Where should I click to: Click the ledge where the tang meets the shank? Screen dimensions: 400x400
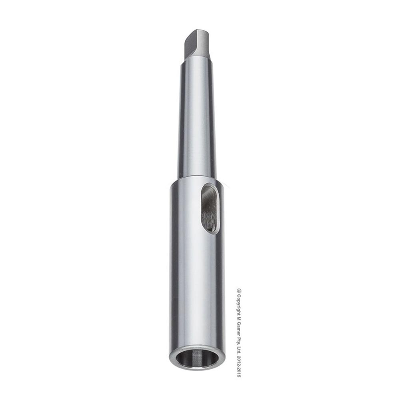coord(196,59)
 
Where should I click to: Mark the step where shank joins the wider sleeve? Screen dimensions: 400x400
coord(196,179)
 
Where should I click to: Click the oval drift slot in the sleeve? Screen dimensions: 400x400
coord(210,208)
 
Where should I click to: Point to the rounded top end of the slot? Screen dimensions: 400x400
coord(210,186)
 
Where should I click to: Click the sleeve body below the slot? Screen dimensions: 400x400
coord(196,288)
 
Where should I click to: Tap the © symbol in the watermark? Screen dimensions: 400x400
coord(239,291)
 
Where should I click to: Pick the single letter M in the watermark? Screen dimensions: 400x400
coord(239,320)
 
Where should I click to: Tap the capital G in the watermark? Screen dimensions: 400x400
coord(239,326)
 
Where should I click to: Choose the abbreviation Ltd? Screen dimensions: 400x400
coord(239,354)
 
